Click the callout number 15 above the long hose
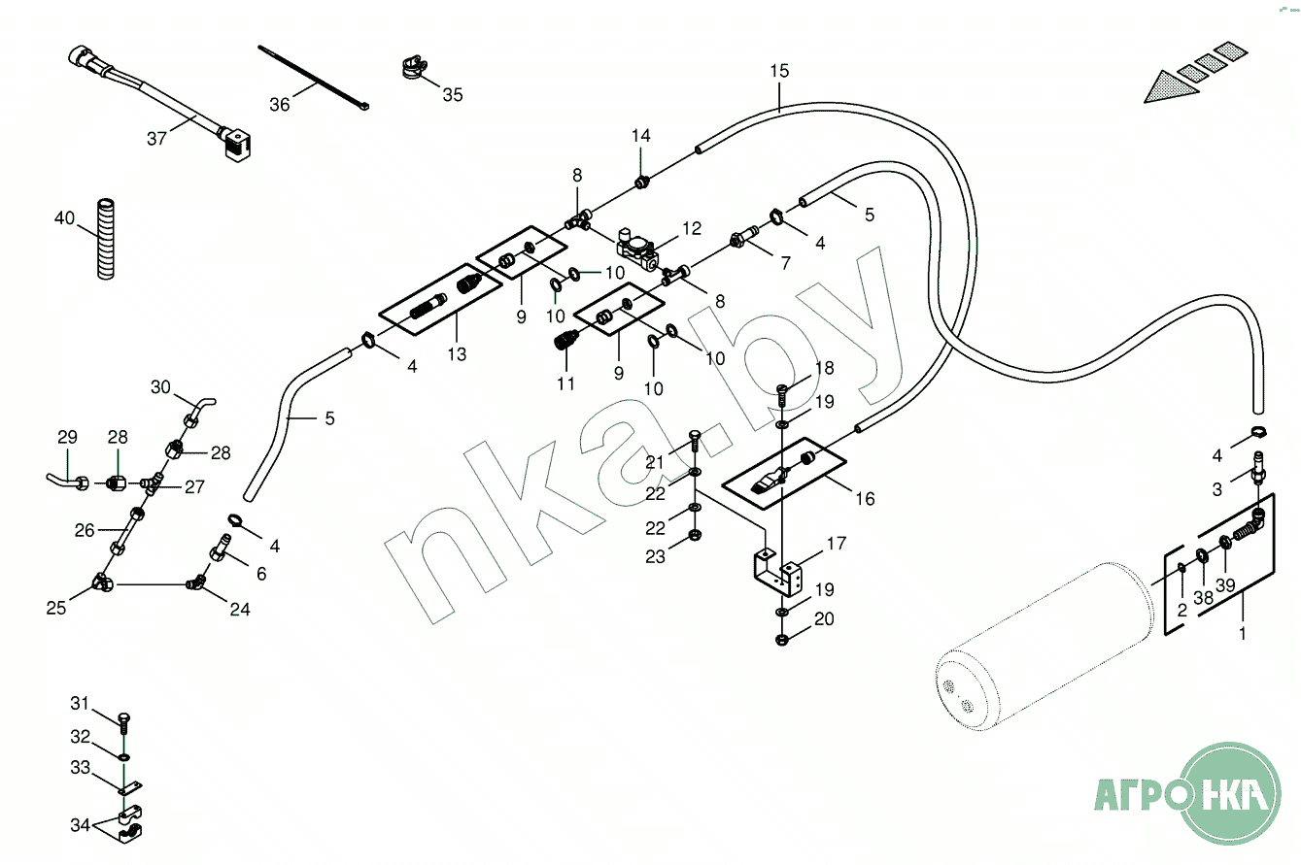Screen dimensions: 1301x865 point(779,71)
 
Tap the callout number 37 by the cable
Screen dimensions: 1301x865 point(156,139)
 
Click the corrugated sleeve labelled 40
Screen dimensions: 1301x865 point(105,239)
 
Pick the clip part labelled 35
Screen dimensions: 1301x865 point(414,67)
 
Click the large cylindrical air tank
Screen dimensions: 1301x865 point(1044,646)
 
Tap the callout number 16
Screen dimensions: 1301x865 point(865,499)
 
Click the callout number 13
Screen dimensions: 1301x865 point(457,354)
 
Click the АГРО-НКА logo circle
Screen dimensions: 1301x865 point(1231,794)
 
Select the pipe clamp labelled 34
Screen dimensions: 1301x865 point(129,823)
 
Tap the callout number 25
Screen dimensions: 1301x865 point(55,608)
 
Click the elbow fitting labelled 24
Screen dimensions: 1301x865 point(195,582)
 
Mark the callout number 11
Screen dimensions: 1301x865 point(565,384)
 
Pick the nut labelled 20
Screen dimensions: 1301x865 point(782,640)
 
